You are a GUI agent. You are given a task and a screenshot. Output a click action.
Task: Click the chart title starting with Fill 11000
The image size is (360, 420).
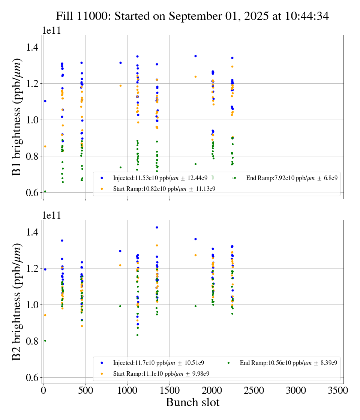[x=192, y=16]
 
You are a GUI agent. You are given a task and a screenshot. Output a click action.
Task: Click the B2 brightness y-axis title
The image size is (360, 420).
[x=17, y=302]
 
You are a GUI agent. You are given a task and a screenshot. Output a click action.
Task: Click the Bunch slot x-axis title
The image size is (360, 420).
[x=192, y=402]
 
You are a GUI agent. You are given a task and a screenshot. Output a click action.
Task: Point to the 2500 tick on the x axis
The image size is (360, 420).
[x=254, y=390]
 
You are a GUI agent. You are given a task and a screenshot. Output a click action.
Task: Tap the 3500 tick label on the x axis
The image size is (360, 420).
[x=338, y=390]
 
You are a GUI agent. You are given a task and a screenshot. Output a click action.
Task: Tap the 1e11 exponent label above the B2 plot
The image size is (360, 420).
[x=51, y=215]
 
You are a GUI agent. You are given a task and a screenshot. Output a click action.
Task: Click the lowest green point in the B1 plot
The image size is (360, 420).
[x=45, y=191]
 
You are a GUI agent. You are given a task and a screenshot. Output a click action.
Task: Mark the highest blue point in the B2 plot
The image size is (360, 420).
[x=157, y=227]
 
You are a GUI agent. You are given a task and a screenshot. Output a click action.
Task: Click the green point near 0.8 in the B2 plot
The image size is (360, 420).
[x=45, y=340]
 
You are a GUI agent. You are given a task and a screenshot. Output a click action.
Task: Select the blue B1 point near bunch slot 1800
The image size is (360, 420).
[x=195, y=56]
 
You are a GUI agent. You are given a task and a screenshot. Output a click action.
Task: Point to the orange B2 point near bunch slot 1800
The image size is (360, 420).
[x=195, y=255]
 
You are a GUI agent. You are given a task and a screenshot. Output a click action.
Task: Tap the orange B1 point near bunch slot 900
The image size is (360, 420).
[x=120, y=85]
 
